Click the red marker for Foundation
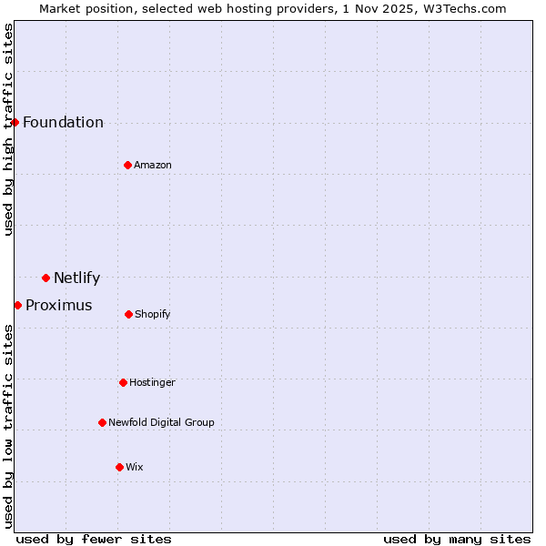[x=15, y=122]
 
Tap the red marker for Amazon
[x=127, y=165]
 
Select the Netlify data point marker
[x=45, y=278]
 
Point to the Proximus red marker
[x=17, y=305]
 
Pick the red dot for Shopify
[x=128, y=314]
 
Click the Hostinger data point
[x=123, y=382]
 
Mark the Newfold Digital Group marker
[x=102, y=422]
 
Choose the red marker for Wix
[x=119, y=467]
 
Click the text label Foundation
[x=63, y=123]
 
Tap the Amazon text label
[x=153, y=165]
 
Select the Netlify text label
[x=76, y=278]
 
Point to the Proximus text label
[x=58, y=306]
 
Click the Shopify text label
[x=152, y=315]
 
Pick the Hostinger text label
[x=152, y=383]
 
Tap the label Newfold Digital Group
[x=161, y=422]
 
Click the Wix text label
[x=134, y=468]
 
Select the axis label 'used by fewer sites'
[x=94, y=539]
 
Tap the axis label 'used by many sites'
[x=457, y=539]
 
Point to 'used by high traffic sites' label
[x=8, y=129]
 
